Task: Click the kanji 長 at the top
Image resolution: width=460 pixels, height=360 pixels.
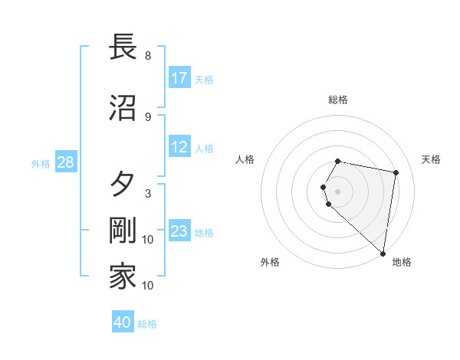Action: [123, 47]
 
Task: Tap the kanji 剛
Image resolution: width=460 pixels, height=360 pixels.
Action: [123, 231]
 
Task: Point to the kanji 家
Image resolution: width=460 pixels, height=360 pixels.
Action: [123, 277]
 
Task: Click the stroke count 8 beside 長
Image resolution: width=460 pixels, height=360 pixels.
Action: [148, 56]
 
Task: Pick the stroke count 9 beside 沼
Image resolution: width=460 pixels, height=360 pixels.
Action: [148, 116]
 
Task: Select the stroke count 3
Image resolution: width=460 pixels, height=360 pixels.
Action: [148, 194]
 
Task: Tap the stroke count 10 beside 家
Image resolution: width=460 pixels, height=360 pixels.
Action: [148, 286]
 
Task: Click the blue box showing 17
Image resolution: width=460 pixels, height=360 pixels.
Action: [179, 78]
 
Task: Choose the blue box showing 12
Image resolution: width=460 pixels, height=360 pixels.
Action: [179, 148]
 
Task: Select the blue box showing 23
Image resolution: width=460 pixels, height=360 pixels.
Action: [179, 232]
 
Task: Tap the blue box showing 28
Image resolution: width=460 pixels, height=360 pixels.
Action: [64, 163]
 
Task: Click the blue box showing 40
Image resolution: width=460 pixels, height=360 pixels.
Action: [122, 322]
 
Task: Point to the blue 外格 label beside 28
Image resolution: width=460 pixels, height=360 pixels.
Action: [40, 164]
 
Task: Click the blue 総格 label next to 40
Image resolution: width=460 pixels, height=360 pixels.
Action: [147, 324]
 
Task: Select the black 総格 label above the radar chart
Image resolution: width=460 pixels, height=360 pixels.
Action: [338, 100]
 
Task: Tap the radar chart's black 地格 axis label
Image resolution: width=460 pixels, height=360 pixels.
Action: [402, 262]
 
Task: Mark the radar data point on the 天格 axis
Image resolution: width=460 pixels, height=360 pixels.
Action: [396, 173]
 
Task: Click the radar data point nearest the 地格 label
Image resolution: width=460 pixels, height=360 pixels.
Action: [383, 253]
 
